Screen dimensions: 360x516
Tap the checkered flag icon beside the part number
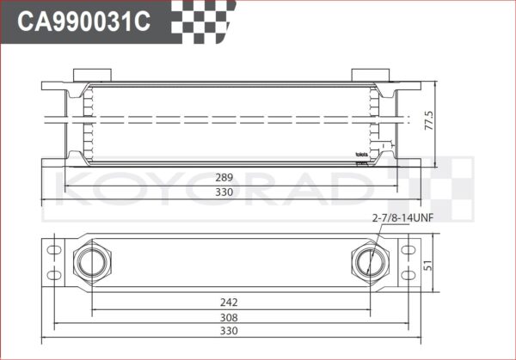200,19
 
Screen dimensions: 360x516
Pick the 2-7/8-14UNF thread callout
402,217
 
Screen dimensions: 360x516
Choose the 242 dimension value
228,302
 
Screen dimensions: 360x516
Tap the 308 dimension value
228,316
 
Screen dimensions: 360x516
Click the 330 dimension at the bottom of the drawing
228,331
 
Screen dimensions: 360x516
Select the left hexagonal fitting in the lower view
89,259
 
